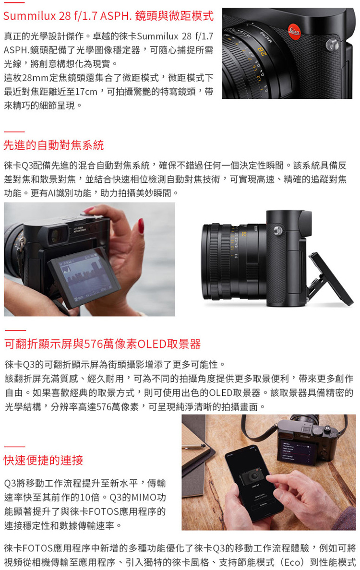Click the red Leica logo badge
point(294,31)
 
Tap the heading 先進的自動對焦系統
point(54,145)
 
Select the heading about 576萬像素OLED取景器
point(103,344)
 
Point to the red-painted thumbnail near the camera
point(141,226)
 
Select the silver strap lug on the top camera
point(332,45)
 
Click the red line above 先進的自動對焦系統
point(14,131)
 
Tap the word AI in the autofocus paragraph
point(53,193)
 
